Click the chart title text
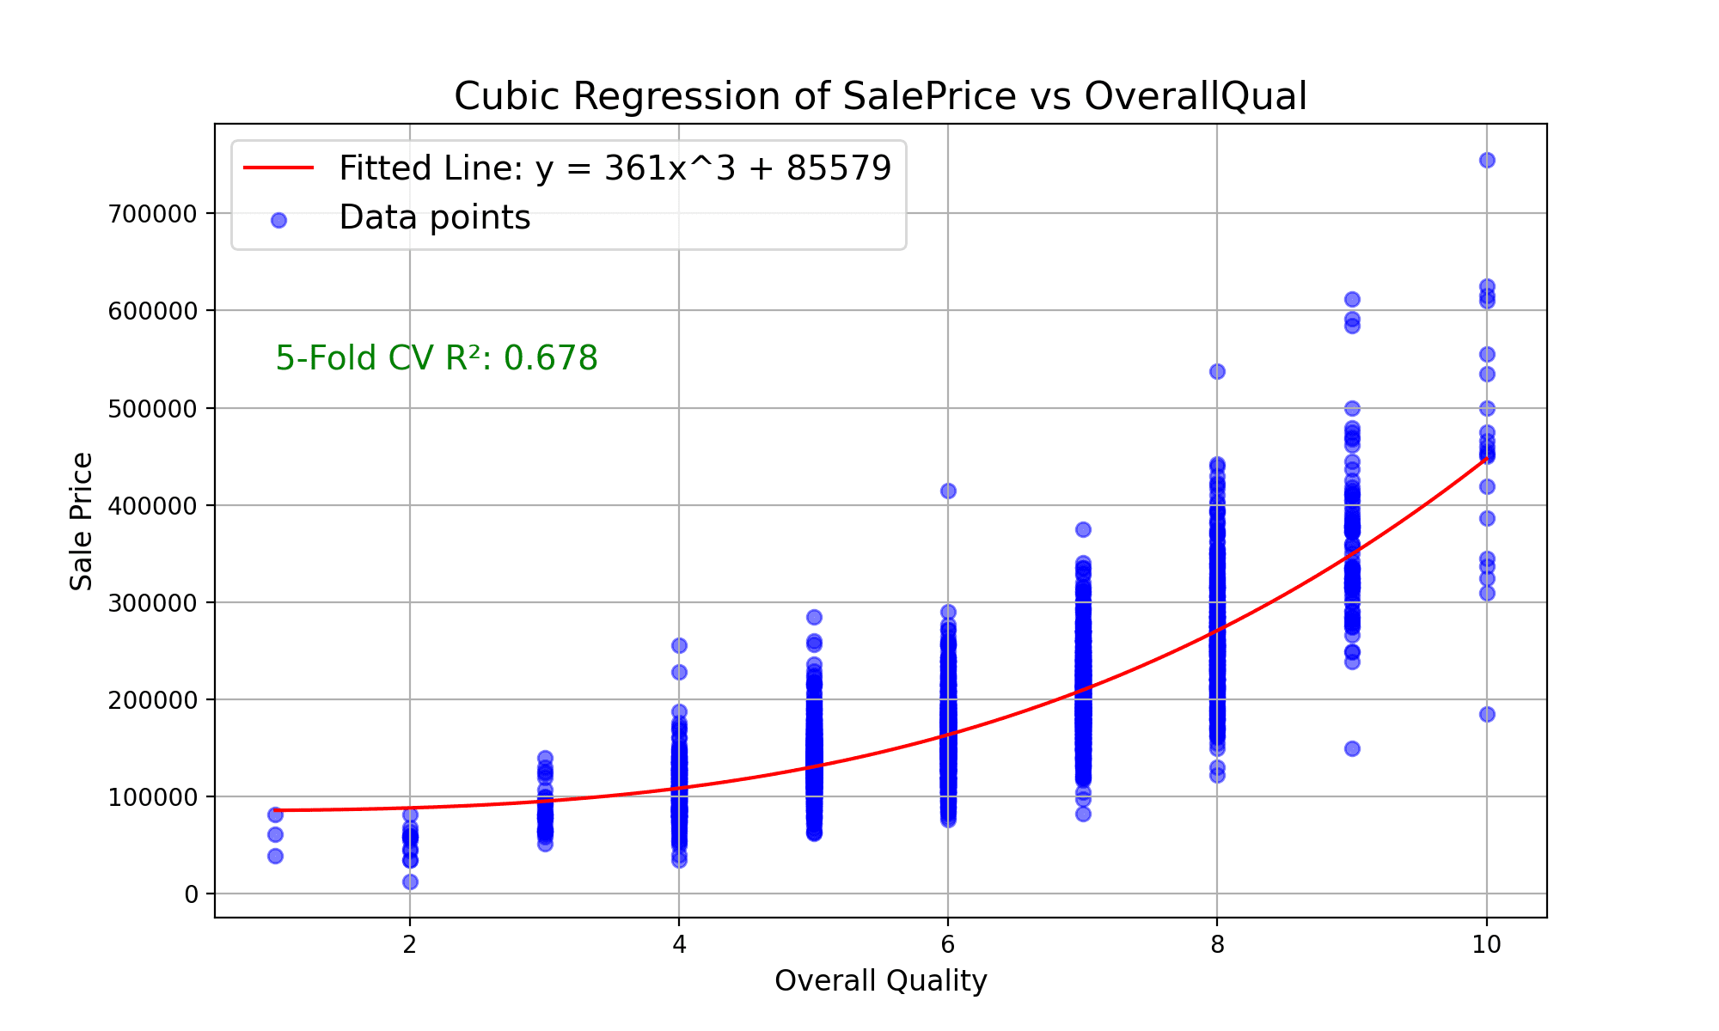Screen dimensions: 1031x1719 [x=880, y=96]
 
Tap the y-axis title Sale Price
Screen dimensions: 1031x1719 [x=82, y=521]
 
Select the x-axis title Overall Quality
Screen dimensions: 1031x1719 [x=880, y=980]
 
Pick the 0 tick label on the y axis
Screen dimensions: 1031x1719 [x=191, y=894]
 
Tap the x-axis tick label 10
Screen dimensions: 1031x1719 [x=1486, y=945]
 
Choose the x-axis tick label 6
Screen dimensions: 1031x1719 [x=947, y=945]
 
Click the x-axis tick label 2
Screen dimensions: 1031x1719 [x=410, y=945]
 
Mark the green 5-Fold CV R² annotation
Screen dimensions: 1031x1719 [x=436, y=358]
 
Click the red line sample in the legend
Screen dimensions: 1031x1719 [x=278, y=168]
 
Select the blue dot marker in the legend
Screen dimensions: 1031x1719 [x=278, y=220]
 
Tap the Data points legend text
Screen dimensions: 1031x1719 [x=434, y=218]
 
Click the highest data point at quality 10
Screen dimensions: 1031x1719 [x=1486, y=160]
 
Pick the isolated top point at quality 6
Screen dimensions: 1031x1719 [x=948, y=491]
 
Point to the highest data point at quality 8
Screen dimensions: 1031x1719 [x=1217, y=371]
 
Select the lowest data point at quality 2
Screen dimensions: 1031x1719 [x=410, y=882]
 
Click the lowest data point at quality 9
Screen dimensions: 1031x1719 [x=1352, y=748]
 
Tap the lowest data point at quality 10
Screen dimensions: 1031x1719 [x=1486, y=714]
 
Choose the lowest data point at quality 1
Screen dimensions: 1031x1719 [x=275, y=856]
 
